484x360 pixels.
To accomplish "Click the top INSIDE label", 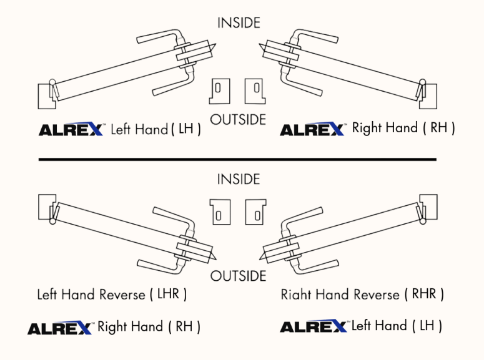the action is click(239, 23).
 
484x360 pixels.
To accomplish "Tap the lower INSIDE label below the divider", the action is click(239, 179).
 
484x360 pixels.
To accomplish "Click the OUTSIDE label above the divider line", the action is click(238, 120).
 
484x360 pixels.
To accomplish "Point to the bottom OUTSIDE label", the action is click(239, 276).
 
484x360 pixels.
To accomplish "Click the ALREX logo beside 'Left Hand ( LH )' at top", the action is click(71, 129).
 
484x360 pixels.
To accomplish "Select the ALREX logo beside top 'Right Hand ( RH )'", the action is click(312, 129).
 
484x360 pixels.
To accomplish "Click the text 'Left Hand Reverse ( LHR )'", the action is click(112, 294).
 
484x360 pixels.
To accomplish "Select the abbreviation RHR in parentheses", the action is click(424, 294).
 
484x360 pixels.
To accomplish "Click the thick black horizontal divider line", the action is click(237, 160).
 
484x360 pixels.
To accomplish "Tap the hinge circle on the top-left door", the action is click(52, 82).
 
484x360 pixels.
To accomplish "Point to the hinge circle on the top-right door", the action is click(422, 82).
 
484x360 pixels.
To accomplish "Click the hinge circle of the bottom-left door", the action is click(53, 221).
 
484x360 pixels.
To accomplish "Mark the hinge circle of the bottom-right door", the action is click(423, 221).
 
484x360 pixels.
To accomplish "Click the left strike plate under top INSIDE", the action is click(219, 91).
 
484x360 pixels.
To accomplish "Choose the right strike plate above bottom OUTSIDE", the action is click(255, 212).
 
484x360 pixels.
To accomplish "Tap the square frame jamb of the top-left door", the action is click(46, 96).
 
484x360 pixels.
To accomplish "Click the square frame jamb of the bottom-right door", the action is click(429, 207).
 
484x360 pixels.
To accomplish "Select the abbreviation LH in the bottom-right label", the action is click(427, 325).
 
